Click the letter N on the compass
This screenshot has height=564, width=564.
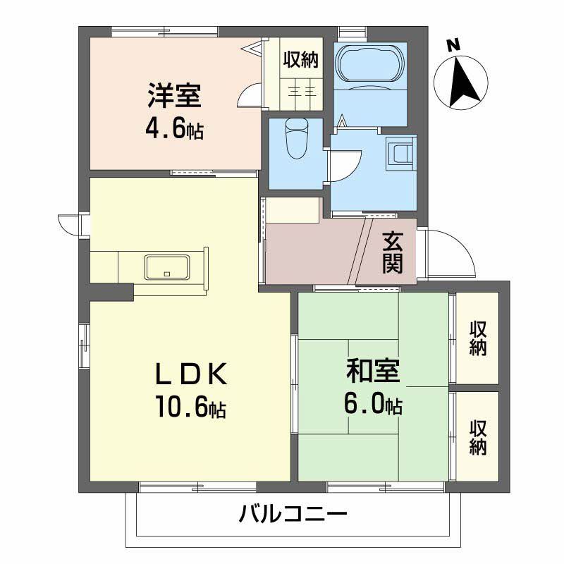(x=453, y=46)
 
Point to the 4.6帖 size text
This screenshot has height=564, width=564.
(x=174, y=129)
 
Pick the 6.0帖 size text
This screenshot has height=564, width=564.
(x=373, y=404)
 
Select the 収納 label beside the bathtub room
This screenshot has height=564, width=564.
(x=302, y=60)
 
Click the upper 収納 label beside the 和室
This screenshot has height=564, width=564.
(x=478, y=338)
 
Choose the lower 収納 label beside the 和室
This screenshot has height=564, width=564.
(x=478, y=437)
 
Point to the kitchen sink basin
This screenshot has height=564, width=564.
(x=167, y=267)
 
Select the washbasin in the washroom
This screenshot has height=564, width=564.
(x=402, y=153)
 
